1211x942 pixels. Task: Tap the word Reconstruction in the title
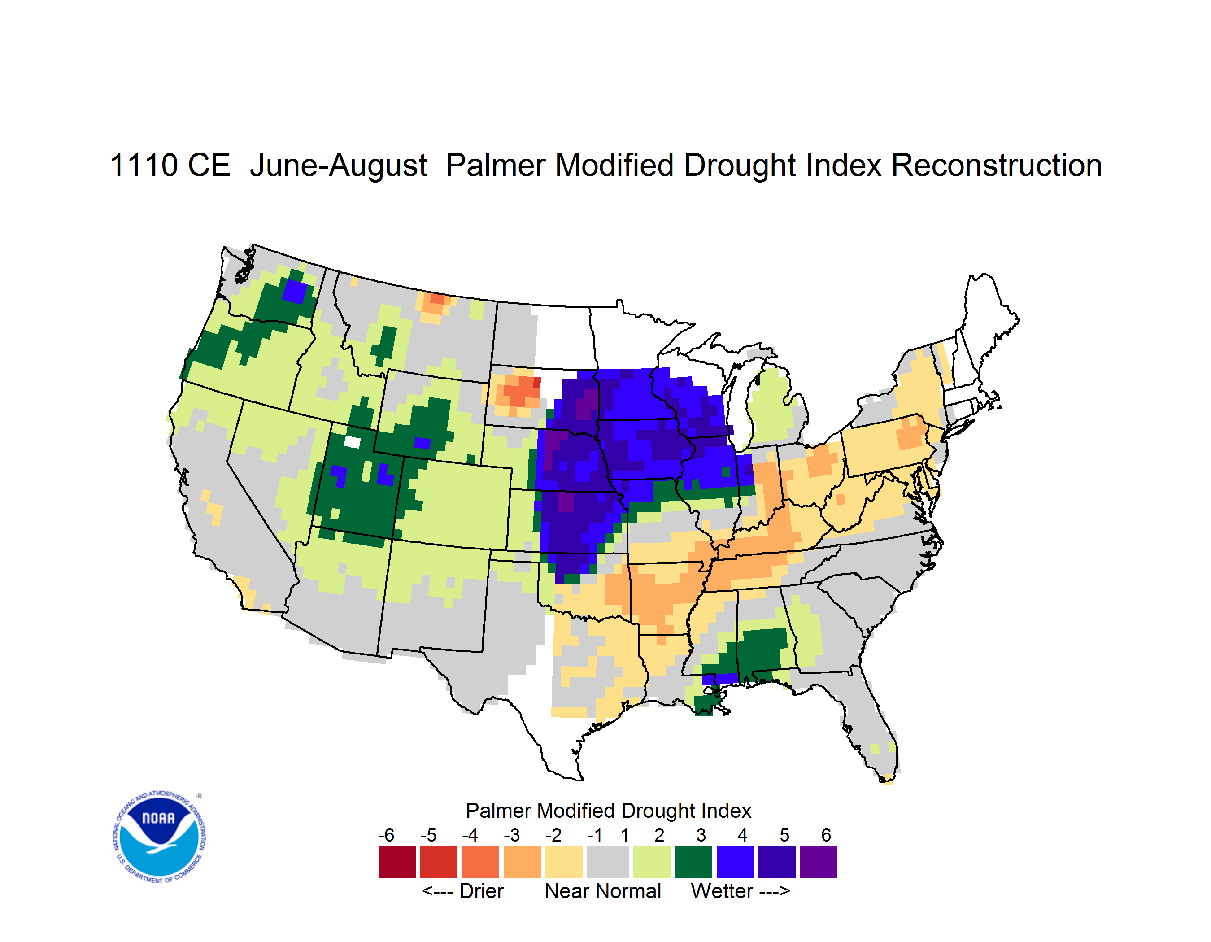click(997, 165)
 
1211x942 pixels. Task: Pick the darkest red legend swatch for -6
click(397, 862)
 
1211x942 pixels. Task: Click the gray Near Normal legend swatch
click(608, 862)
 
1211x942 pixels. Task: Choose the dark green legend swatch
click(693, 862)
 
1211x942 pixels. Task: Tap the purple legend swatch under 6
click(819, 862)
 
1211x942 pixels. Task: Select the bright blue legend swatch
click(735, 862)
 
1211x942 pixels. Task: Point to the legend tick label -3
click(511, 834)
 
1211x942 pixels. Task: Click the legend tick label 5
click(784, 834)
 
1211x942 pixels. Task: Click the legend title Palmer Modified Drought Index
click(608, 811)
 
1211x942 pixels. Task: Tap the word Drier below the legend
click(481, 891)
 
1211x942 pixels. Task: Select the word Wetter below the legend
click(722, 891)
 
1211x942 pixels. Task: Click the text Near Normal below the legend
click(603, 891)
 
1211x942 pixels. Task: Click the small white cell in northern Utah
click(352, 442)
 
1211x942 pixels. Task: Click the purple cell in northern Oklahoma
click(565, 502)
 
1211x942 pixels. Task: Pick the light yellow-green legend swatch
click(652, 862)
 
